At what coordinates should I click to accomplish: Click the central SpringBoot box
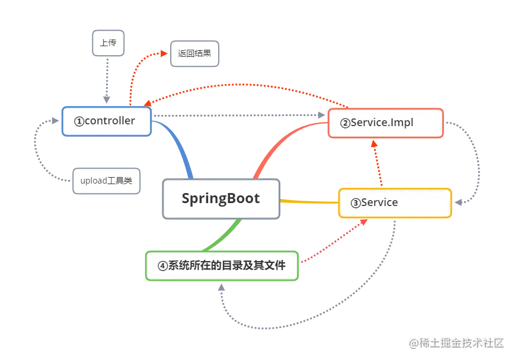[220, 198]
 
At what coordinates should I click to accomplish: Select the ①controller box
[106, 121]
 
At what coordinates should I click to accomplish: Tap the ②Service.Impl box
[385, 123]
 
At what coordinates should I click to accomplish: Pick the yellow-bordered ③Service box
[394, 202]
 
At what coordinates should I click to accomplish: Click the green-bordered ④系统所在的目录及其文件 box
[222, 265]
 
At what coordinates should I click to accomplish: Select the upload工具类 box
[107, 181]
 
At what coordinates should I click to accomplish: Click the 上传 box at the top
[107, 43]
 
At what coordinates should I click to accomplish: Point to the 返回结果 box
[194, 53]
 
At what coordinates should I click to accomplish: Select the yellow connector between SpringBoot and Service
[308, 201]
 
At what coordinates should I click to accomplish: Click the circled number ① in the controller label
[79, 121]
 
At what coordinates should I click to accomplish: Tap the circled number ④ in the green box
[163, 266]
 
